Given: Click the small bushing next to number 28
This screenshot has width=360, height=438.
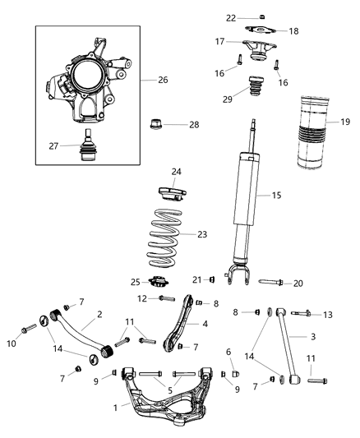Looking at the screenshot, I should click(155, 126).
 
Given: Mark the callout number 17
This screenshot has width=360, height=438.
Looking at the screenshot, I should click(220, 41).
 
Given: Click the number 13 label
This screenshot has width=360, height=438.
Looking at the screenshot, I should click(328, 314).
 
